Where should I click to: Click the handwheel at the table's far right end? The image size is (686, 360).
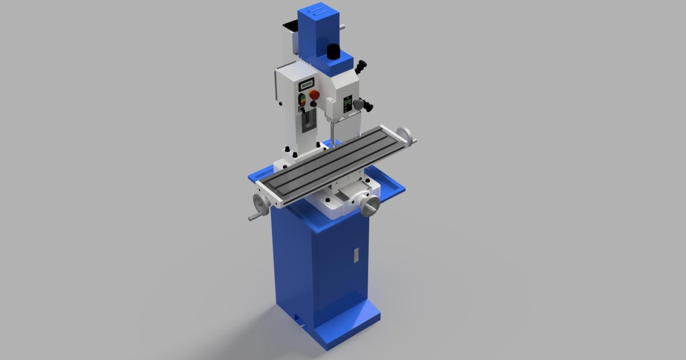click(406, 135)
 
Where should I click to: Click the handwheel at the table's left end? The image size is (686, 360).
click(261, 202)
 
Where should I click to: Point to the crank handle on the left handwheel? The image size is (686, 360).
click(252, 217)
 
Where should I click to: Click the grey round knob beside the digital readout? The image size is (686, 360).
click(358, 104)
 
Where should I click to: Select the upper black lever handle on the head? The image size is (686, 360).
click(361, 67)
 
